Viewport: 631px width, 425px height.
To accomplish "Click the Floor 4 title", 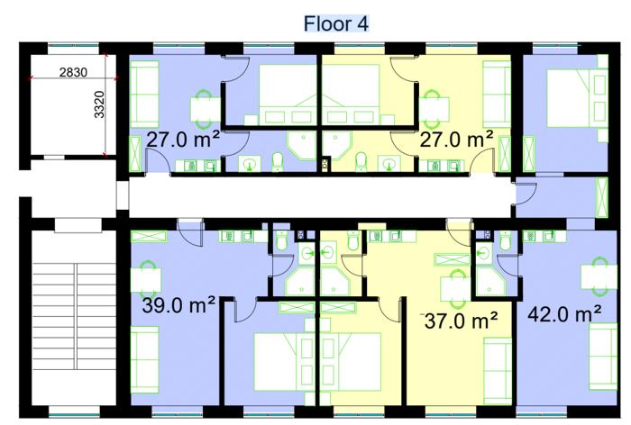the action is [x=335, y=23].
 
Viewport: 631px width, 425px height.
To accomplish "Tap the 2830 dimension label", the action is [x=73, y=73].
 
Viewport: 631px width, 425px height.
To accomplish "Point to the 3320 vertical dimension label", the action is [x=99, y=105].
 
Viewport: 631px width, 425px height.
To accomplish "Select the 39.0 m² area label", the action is [x=178, y=305].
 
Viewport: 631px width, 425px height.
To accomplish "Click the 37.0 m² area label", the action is [x=461, y=321].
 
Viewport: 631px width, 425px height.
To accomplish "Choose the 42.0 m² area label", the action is [x=564, y=313].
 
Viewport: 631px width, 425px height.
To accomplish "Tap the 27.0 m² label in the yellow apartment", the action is [x=456, y=140].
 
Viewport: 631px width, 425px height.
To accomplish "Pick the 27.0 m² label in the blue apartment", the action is [x=183, y=140].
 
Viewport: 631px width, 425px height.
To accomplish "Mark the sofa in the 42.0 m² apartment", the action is [x=603, y=357].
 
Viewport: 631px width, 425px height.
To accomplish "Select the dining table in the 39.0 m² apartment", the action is [x=146, y=279].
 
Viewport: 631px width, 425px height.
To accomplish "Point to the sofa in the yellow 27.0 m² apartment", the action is [x=497, y=94].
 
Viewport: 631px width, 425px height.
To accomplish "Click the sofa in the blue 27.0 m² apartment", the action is [x=144, y=94].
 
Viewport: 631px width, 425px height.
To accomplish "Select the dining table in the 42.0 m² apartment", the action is [x=599, y=276].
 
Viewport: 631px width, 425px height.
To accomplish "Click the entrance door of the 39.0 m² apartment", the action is [x=190, y=232].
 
